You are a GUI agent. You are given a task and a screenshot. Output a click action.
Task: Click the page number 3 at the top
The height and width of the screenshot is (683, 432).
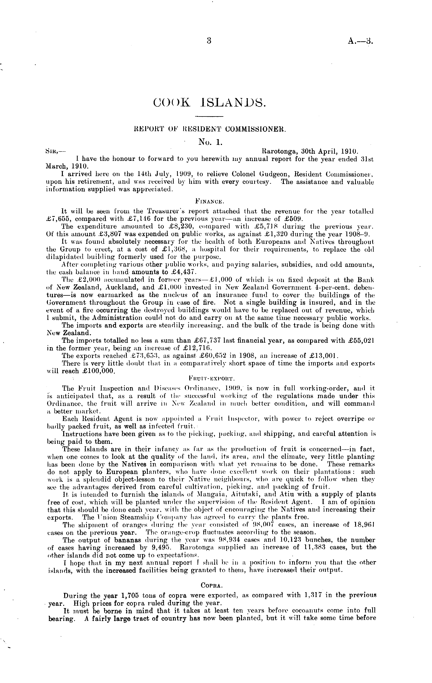pos(209,41)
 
